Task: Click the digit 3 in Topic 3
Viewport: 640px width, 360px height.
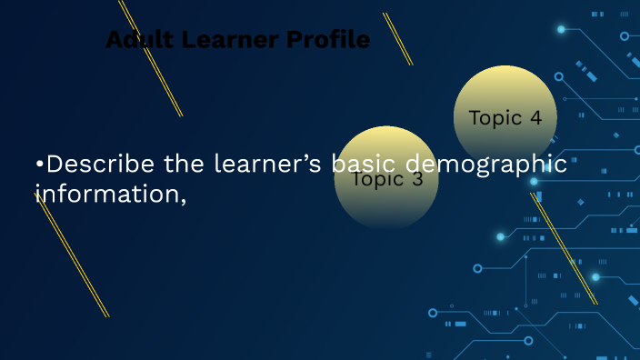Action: [417, 179]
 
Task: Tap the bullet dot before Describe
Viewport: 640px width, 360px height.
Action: [39, 165]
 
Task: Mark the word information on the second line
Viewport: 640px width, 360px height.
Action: [107, 193]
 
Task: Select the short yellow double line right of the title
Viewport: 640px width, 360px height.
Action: [397, 38]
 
